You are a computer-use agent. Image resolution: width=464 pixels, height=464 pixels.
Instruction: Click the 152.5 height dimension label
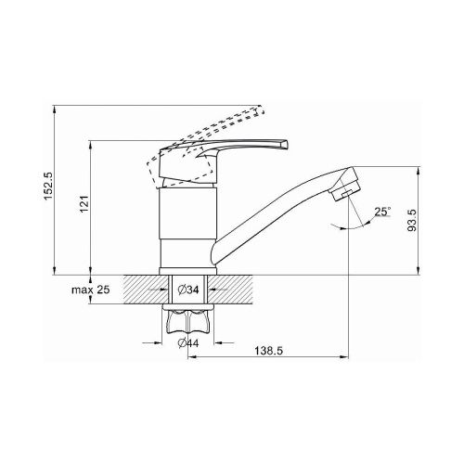[x=49, y=186]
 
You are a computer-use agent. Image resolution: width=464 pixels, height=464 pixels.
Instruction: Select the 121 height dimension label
[x=84, y=204]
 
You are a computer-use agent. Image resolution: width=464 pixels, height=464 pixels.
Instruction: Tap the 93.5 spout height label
[x=412, y=220]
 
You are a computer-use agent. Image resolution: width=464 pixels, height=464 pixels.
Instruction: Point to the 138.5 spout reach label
[x=268, y=351]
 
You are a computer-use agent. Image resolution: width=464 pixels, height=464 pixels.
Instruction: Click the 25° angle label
[x=382, y=212]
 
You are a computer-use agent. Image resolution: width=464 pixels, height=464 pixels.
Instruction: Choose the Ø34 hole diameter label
[x=188, y=290]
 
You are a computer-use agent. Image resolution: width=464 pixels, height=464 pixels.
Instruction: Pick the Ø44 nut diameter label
[x=188, y=342]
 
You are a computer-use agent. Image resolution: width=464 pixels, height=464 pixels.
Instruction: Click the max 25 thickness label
[x=91, y=290]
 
